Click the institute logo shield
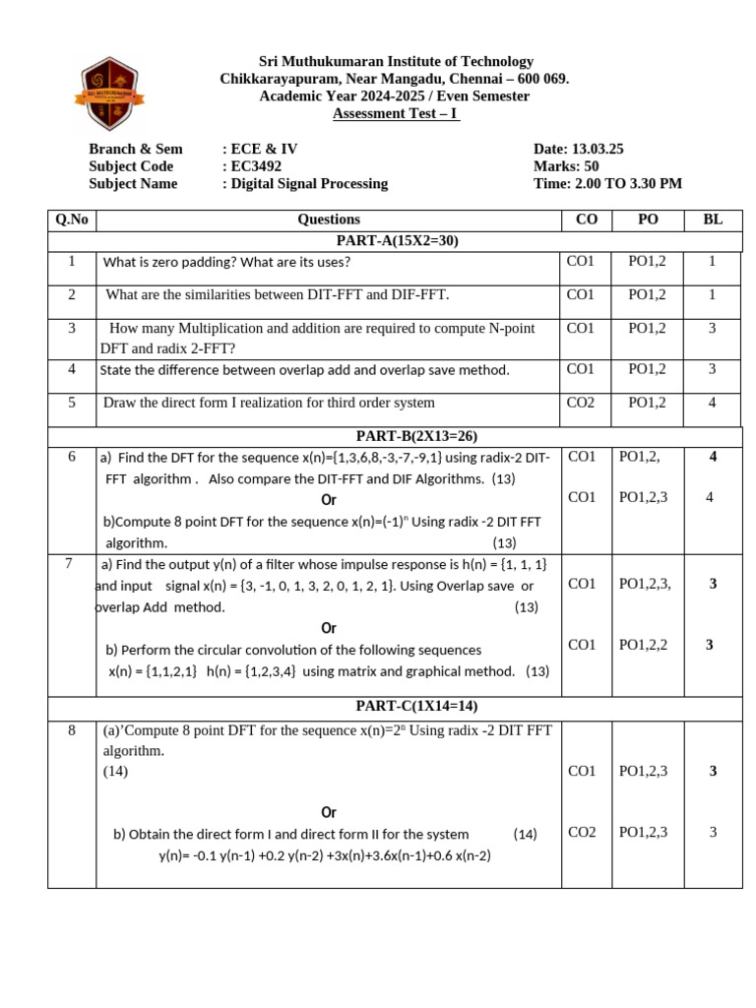pos(108,94)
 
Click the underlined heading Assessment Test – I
pos(395,113)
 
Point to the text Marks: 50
pos(566,166)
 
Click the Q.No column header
pos(72,220)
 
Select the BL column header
pos(713,220)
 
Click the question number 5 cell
pos(72,402)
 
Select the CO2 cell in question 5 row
pos(581,402)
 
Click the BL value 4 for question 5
pos(712,402)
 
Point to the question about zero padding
pos(226,262)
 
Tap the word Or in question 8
pos(329,812)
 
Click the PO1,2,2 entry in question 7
pos(644,645)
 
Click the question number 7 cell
pos(69,563)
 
